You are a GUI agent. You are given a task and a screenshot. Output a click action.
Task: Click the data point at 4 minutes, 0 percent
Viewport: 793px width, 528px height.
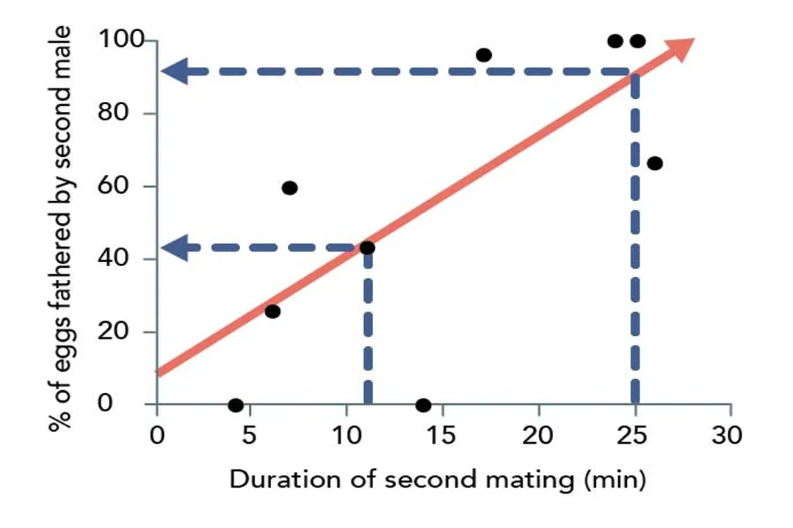click(x=236, y=405)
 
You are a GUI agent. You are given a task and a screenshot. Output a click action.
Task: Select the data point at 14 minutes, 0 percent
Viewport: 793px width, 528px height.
click(x=423, y=405)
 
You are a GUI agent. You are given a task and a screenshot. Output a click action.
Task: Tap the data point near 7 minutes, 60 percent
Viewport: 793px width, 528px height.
click(x=289, y=188)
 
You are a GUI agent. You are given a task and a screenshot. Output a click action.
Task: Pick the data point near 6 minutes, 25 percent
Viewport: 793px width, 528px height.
click(x=272, y=312)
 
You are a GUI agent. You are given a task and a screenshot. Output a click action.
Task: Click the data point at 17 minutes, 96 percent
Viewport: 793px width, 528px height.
click(x=483, y=55)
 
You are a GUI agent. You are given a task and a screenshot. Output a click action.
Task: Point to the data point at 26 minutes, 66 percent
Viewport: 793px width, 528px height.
click(x=655, y=163)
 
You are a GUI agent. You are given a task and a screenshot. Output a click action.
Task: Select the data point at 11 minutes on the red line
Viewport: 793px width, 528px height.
click(x=367, y=248)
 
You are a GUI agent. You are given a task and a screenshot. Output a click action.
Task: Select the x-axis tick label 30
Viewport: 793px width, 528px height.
click(x=728, y=435)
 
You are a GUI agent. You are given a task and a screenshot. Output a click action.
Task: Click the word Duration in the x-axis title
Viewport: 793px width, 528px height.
click(x=272, y=480)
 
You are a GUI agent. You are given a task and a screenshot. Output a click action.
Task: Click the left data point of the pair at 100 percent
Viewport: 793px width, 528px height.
click(x=615, y=41)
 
